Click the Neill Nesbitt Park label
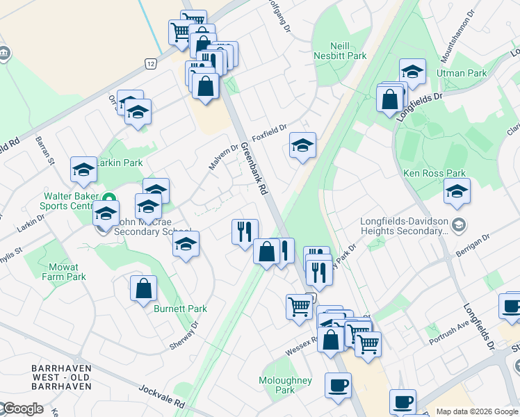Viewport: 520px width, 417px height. [x=330, y=49]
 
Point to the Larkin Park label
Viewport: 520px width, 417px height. [x=119, y=163]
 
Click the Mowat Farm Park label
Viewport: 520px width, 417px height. [x=67, y=272]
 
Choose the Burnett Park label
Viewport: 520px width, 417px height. [x=171, y=309]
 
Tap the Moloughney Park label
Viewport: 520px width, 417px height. [x=285, y=385]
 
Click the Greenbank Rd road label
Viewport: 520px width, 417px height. [x=255, y=168]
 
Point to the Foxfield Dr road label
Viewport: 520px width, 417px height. [x=269, y=131]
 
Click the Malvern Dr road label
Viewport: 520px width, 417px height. [x=224, y=158]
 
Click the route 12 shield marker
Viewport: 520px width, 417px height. [x=151, y=63]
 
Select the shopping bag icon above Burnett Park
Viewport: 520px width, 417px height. [x=143, y=289]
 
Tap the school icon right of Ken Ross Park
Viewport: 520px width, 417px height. [x=457, y=192]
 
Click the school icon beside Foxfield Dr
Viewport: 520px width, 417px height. [x=302, y=146]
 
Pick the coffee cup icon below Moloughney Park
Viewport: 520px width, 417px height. [x=339, y=386]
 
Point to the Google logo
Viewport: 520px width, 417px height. [x=22, y=409]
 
